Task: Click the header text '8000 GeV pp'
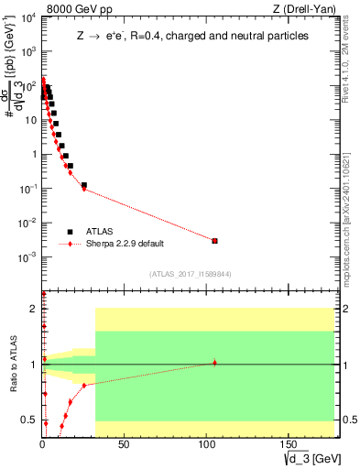(x=71, y=7)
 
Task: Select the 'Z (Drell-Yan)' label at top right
(x=306, y=7)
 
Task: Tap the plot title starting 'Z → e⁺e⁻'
(x=191, y=36)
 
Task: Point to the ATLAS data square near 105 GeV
(x=214, y=241)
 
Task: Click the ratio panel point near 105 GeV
(x=214, y=363)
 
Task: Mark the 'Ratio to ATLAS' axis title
(x=13, y=365)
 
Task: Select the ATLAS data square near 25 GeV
(x=84, y=185)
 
